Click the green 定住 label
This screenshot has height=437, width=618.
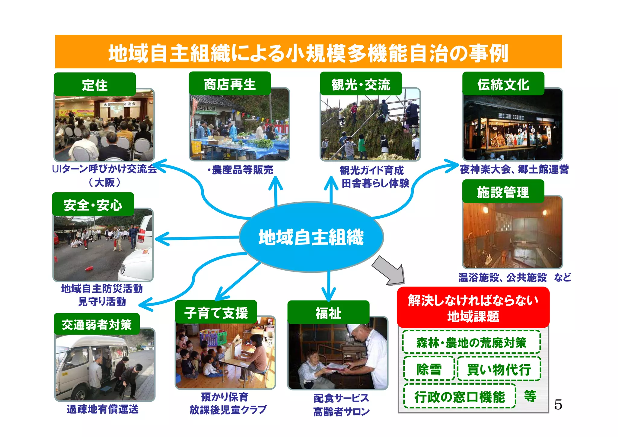(95, 85)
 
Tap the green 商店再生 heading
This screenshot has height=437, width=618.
(230, 84)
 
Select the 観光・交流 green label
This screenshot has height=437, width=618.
(361, 84)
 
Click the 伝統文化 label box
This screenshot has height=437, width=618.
(503, 84)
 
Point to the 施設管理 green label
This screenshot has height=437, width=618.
(503, 192)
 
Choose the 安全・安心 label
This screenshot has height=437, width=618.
(93, 205)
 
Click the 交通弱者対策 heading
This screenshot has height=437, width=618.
(97, 325)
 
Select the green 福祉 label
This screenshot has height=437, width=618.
(328, 313)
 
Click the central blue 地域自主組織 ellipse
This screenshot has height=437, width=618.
(311, 237)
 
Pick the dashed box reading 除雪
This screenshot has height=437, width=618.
(429, 369)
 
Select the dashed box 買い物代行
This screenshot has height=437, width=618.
(499, 369)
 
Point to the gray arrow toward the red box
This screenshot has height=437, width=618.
(389, 270)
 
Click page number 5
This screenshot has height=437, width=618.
(558, 404)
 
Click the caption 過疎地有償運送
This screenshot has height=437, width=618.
(103, 409)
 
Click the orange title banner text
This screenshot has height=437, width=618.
(308, 53)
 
